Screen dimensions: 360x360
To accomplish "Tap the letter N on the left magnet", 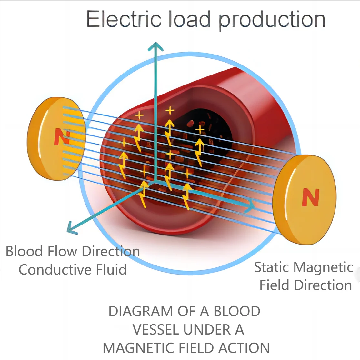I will (59, 137).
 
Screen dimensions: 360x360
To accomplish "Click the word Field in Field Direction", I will (274, 285).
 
